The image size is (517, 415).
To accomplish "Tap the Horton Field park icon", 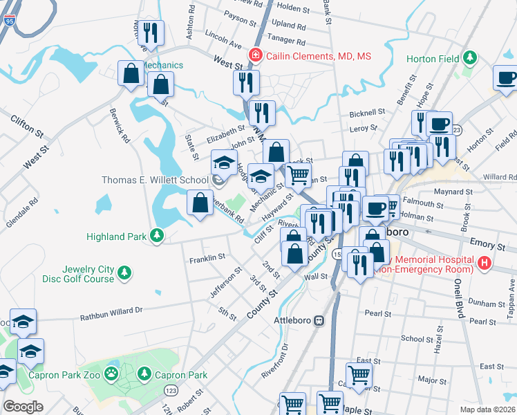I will (470, 57).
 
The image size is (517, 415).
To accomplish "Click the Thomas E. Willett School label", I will (155, 180).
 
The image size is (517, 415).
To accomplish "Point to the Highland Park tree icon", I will (158, 236).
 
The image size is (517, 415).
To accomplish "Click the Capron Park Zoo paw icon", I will (111, 375).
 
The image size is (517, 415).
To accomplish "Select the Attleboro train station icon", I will (319, 321).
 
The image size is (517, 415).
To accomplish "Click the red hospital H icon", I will (485, 263).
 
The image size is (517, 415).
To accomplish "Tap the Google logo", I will (23, 407).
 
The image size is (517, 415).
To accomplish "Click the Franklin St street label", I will (207, 258).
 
